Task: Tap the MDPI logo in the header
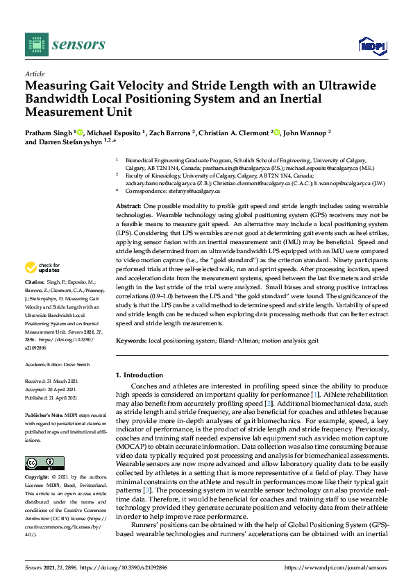371,45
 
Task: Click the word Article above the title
34,74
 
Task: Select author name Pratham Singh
49,132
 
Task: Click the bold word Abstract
128,207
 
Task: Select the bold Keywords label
130,341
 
